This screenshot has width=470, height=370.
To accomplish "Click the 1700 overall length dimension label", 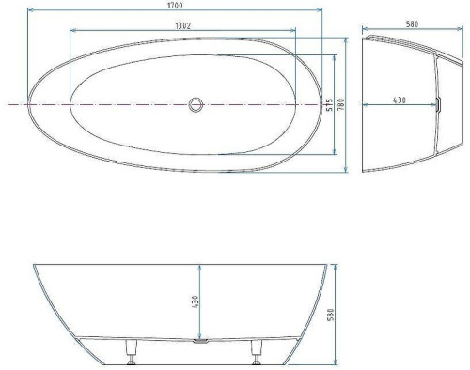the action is pyautogui.click(x=175, y=6).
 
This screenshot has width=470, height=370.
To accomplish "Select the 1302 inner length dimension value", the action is pyautogui.click(x=182, y=25).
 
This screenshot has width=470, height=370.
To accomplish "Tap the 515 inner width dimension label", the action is pyautogui.click(x=329, y=105).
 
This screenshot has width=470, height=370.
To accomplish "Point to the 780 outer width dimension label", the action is pyautogui.click(x=341, y=104).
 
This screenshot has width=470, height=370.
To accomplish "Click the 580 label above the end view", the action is pyautogui.click(x=412, y=24).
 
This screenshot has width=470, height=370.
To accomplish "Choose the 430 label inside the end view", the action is pyautogui.click(x=399, y=100).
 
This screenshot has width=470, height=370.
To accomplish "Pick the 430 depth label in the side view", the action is pyautogui.click(x=195, y=301).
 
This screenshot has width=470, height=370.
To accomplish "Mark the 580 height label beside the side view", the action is pyautogui.click(x=330, y=315).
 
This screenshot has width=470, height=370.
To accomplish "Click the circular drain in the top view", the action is pyautogui.click(x=196, y=104).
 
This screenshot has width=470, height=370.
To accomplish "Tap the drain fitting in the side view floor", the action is pyautogui.click(x=201, y=341).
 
